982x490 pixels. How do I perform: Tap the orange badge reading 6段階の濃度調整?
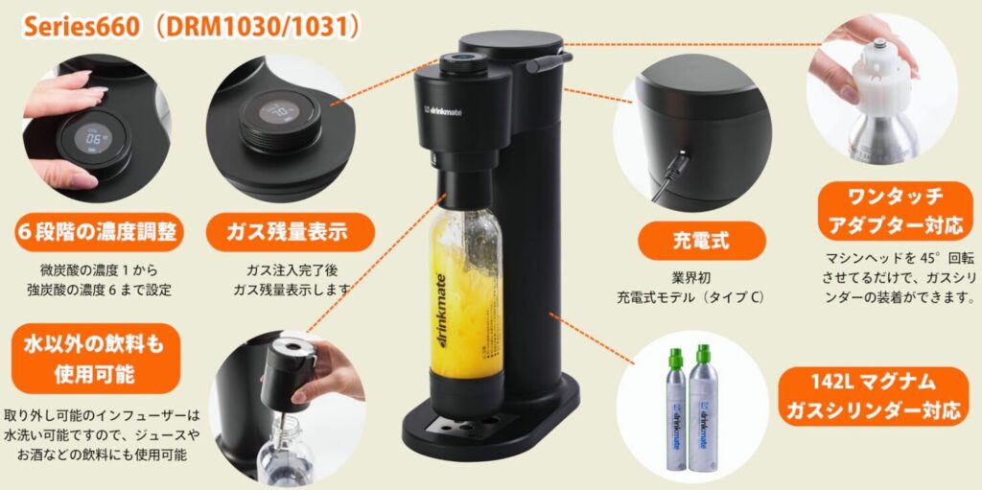pyautogui.click(x=99, y=232)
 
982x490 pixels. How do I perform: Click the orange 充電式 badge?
pyautogui.click(x=701, y=241)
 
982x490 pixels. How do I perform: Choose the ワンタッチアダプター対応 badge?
pyautogui.click(x=895, y=211)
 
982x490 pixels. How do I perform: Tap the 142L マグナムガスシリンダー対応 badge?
pyautogui.click(x=873, y=396)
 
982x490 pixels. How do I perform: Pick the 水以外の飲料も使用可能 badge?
pyautogui.click(x=95, y=359)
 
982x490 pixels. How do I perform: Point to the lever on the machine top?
pyautogui.click(x=549, y=61)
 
